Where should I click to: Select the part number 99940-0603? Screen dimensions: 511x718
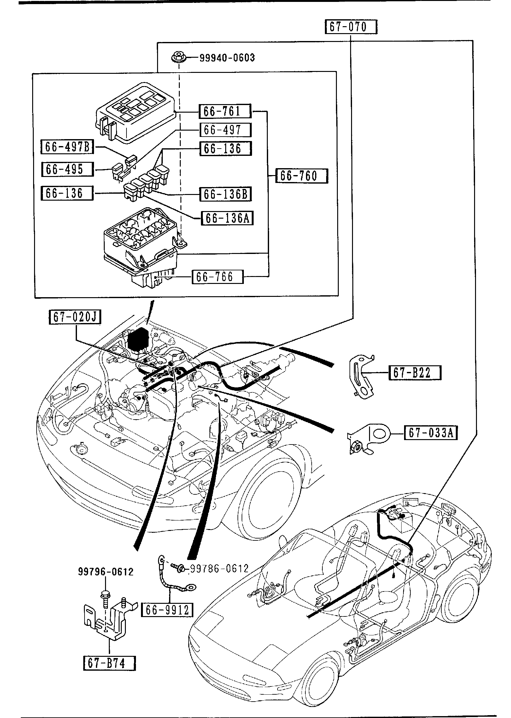click(x=227, y=58)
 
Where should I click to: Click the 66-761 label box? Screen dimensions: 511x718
click(x=225, y=111)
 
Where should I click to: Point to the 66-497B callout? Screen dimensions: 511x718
click(x=67, y=147)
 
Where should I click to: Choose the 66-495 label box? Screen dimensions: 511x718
click(x=67, y=169)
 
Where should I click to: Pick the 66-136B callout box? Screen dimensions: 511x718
click(x=225, y=194)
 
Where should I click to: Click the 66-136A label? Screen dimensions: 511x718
click(x=227, y=218)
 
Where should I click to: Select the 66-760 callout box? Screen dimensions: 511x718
click(x=302, y=176)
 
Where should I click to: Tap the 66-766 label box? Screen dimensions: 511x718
click(x=218, y=277)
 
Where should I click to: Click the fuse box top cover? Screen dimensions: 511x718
click(x=136, y=114)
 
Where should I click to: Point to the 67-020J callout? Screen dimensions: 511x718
click(x=75, y=317)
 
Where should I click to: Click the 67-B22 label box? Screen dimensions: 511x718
click(x=415, y=373)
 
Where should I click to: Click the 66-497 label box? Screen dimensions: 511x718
click(x=225, y=130)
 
